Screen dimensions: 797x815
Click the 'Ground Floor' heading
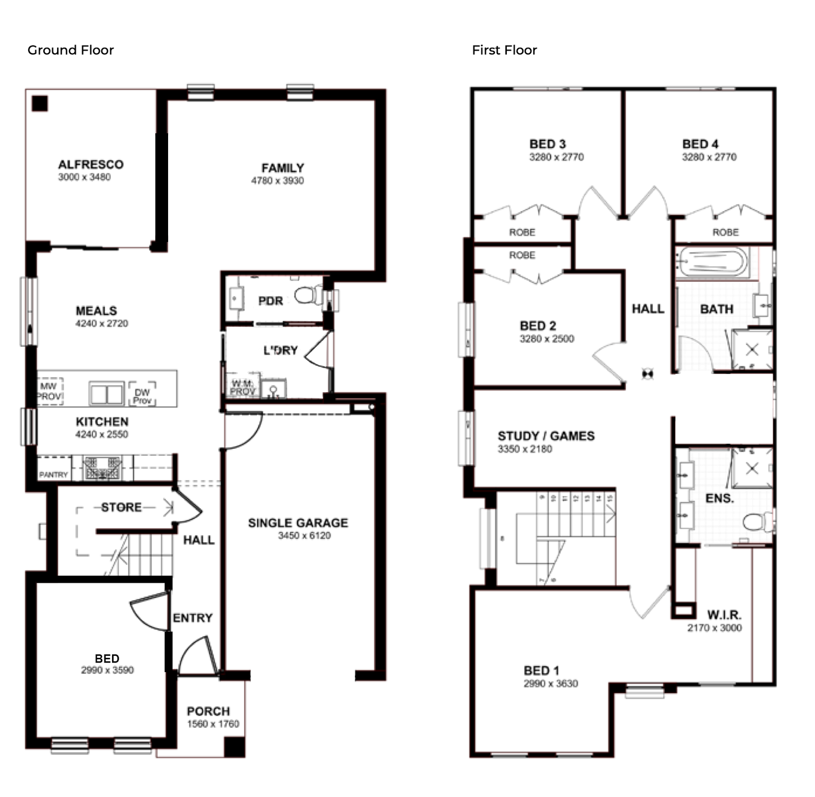click(x=70, y=50)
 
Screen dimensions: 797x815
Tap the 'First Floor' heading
click(x=504, y=50)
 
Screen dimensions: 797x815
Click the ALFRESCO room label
click(x=91, y=164)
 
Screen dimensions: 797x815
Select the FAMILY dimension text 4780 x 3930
click(x=277, y=181)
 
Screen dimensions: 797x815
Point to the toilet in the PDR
click(x=306, y=296)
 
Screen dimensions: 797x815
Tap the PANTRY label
click(x=53, y=475)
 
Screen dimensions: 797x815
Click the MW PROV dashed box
click(x=50, y=392)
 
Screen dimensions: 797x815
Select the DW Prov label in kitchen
click(x=142, y=396)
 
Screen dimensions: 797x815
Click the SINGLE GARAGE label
click(x=298, y=523)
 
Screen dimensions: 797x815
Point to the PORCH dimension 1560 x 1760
click(x=213, y=724)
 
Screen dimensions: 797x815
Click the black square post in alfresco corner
click(x=40, y=104)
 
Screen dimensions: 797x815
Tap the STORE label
click(x=121, y=507)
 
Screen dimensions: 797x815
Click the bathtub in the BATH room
click(x=713, y=262)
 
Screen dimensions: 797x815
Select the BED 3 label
click(x=548, y=144)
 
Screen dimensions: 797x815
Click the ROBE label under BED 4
click(x=725, y=232)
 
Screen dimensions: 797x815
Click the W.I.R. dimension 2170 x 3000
click(x=714, y=628)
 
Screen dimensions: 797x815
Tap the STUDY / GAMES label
click(x=546, y=436)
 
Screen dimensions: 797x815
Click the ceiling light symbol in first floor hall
click(x=647, y=374)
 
